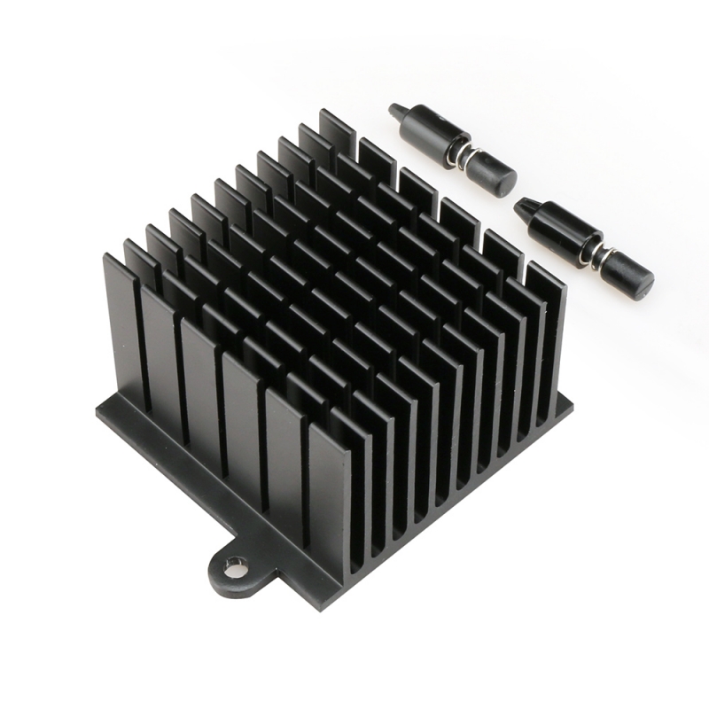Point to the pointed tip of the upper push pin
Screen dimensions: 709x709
tap(394, 111)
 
